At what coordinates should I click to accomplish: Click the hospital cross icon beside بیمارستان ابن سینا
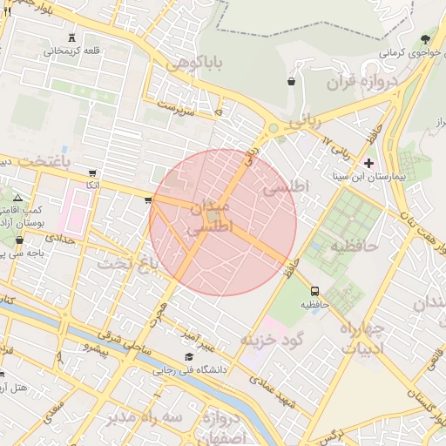pyautogui.click(x=368, y=163)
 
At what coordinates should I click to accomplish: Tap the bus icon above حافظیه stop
pyautogui.click(x=314, y=291)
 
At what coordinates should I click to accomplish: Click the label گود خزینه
pyautogui.click(x=269, y=338)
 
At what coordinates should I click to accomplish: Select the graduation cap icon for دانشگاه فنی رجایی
pyautogui.click(x=189, y=357)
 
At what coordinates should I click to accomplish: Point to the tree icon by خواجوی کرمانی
pyautogui.click(x=424, y=39)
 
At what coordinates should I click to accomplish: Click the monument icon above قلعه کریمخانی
pyautogui.click(x=71, y=37)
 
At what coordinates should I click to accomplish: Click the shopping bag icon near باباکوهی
pyautogui.click(x=289, y=82)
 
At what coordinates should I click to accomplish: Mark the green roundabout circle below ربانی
pyautogui.click(x=273, y=129)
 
